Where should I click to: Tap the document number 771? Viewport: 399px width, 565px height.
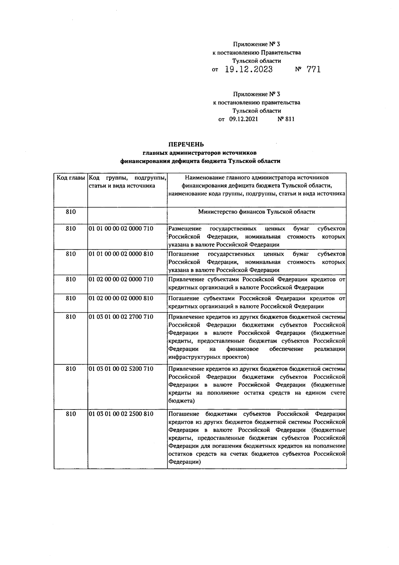[314, 69]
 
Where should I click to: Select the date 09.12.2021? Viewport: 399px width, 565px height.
[243, 119]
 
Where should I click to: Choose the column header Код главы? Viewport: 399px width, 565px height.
[70, 178]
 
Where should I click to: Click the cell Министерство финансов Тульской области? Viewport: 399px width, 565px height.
[256, 212]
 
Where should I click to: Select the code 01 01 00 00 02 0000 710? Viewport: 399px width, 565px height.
[121, 229]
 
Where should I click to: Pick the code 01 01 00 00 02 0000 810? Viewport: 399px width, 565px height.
[121, 254]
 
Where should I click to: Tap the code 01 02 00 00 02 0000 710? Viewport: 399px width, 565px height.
[121, 279]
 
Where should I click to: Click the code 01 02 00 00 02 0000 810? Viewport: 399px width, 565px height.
[121, 298]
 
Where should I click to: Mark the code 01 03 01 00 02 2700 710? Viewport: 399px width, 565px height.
[121, 317]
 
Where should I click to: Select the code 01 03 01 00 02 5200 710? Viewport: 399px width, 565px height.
[121, 369]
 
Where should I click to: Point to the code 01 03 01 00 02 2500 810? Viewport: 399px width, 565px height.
[121, 414]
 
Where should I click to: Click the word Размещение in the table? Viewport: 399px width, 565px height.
[185, 229]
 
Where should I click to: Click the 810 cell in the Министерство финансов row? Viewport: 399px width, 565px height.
[70, 212]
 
